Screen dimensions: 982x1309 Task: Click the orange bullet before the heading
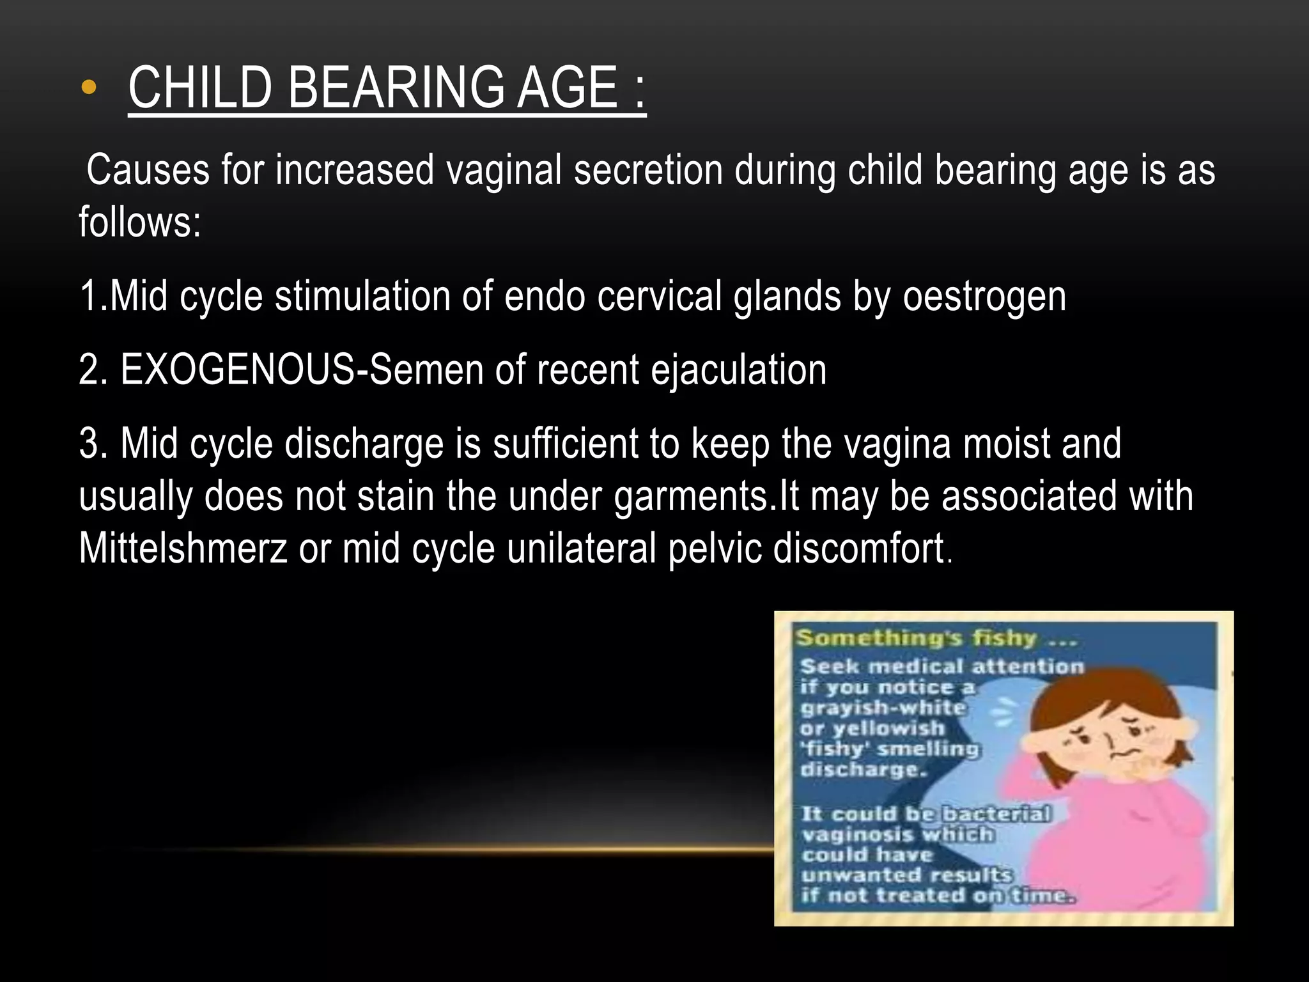pyautogui.click(x=89, y=88)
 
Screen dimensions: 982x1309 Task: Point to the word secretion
pyautogui.click(x=647, y=170)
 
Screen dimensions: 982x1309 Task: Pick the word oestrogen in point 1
pyautogui.click(x=984, y=297)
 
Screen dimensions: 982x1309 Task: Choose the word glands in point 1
pyautogui.click(x=787, y=297)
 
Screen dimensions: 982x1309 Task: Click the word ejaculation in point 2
pyautogui.click(x=738, y=370)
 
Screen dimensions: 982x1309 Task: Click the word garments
pyautogui.click(x=692, y=496)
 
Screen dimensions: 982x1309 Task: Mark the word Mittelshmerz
pyautogui.click(x=183, y=549)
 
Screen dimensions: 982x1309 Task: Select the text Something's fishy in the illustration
pyautogui.click(x=916, y=638)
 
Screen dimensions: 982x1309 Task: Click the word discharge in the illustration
pyautogui.click(x=862, y=769)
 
